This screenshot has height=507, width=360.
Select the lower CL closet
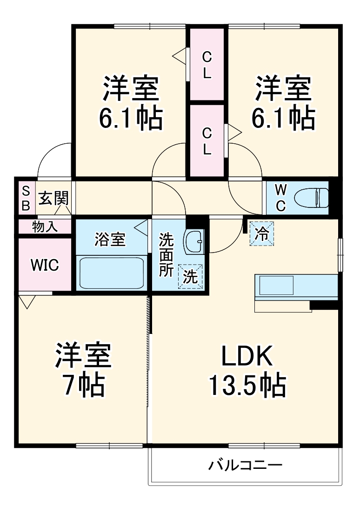pyautogui.click(x=207, y=141)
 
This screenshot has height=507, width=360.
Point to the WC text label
pyautogui.click(x=280, y=198)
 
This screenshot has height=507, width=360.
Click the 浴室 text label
pyautogui.click(x=110, y=240)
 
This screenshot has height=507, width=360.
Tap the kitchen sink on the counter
pyautogui.click(x=276, y=285)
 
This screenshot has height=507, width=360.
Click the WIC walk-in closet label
pyautogui.click(x=45, y=265)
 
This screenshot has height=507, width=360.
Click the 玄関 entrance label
pyautogui.click(x=53, y=199)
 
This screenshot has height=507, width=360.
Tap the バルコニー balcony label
pyautogui.click(x=245, y=465)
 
